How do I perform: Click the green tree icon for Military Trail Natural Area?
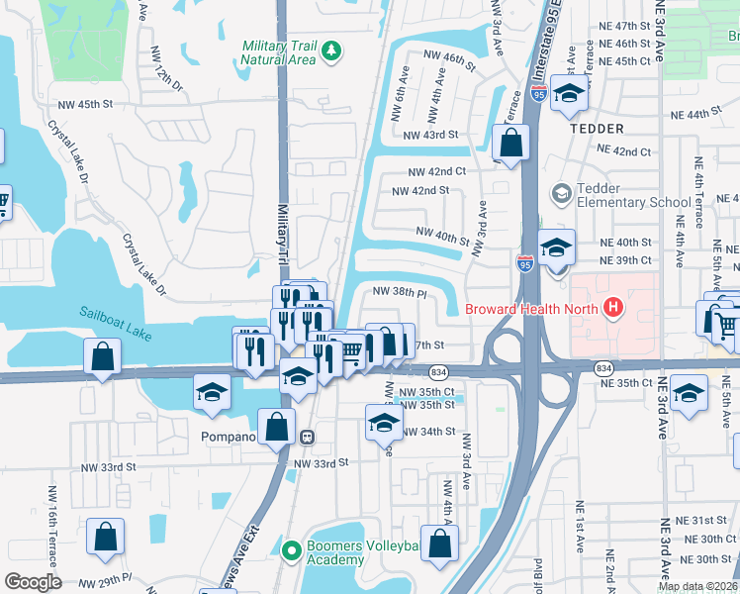click(332, 50)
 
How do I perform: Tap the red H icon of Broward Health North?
click(613, 308)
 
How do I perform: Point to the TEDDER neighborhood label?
click(597, 129)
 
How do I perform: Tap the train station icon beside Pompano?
click(308, 436)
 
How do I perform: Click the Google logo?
click(33, 582)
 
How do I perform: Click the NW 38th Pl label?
click(399, 292)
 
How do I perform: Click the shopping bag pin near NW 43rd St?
click(510, 144)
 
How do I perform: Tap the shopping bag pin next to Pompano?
click(278, 427)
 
